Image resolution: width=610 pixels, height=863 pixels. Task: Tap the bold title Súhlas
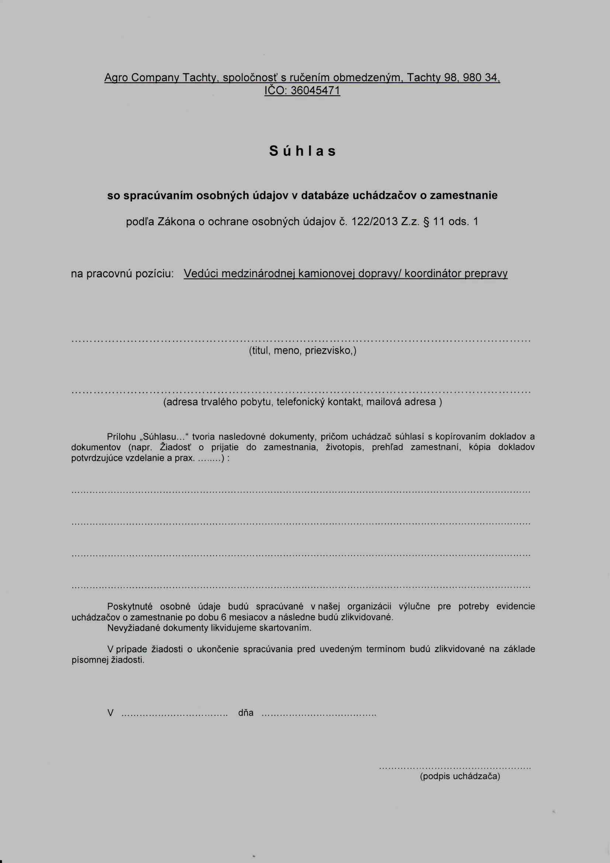tap(302, 151)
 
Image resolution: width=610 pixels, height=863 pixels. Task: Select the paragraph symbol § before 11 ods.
tap(426, 222)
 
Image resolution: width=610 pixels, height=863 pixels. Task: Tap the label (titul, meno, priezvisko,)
tap(302, 351)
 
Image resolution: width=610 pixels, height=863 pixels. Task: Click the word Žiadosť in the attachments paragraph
tap(176, 447)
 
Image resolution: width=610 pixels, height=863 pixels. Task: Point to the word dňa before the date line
tap(246, 713)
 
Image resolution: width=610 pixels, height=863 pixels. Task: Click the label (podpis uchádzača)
tap(460, 776)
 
